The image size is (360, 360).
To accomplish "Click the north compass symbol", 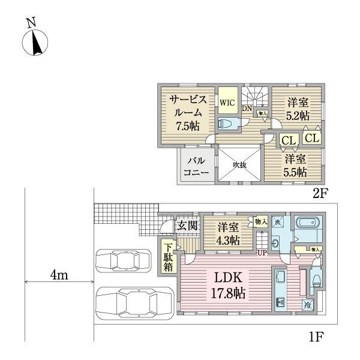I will click(x=35, y=43).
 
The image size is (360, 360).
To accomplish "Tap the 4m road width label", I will click(x=59, y=275).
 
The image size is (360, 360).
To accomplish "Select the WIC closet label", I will click(x=227, y=103).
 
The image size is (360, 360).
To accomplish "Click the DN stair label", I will click(x=247, y=109).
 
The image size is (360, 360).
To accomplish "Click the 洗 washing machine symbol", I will click(x=277, y=222).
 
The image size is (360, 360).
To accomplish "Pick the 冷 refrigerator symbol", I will click(x=307, y=304).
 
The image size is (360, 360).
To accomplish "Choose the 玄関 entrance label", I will click(x=185, y=226).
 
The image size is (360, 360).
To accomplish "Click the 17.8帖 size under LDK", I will click(x=227, y=295).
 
